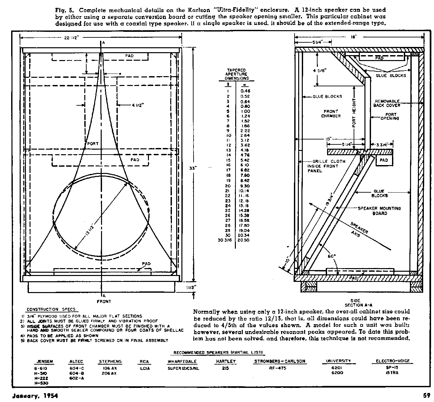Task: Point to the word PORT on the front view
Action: point(93,144)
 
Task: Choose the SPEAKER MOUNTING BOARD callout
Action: point(379,211)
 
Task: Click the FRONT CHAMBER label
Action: point(331,114)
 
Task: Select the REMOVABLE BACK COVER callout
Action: point(387,103)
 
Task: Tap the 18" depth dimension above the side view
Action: point(354,37)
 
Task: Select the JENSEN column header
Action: point(44,361)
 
